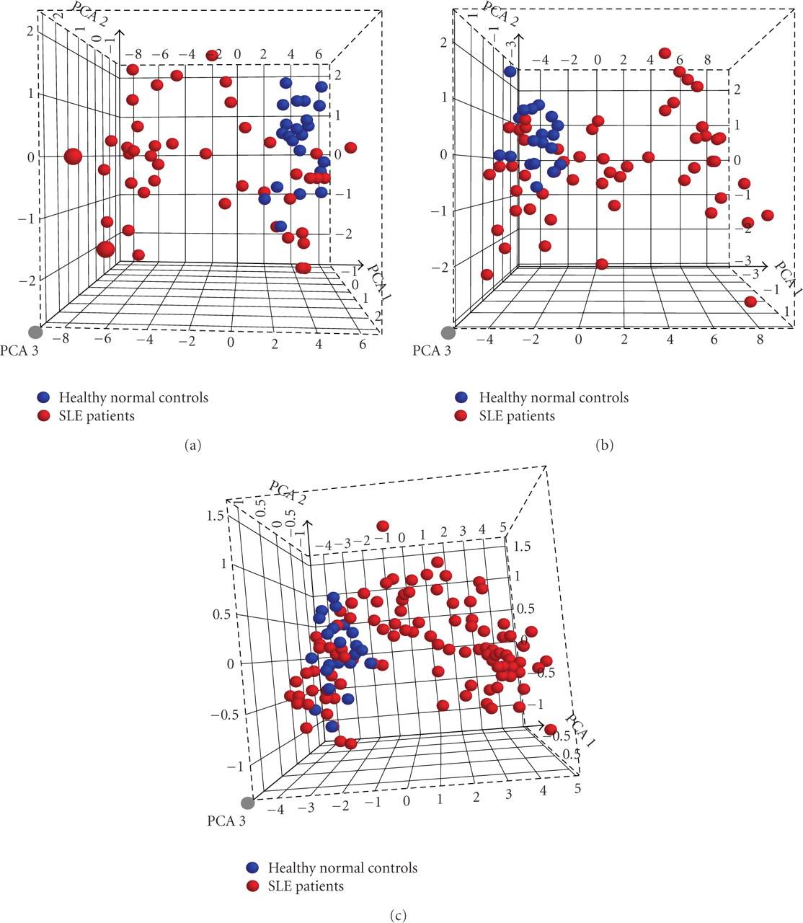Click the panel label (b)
tap(603, 445)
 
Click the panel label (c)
tap(397, 916)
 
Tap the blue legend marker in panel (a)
tap(44, 397)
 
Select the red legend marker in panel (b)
tap(462, 416)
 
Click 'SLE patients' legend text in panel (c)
tap(306, 886)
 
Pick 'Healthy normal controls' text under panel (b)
tap(554, 397)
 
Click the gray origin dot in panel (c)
tap(248, 803)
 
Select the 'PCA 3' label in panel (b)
tap(432, 351)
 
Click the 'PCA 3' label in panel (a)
tap(20, 351)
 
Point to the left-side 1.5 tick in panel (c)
tap(213, 516)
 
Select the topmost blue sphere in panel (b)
tap(510, 71)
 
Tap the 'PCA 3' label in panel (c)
tap(226, 821)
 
